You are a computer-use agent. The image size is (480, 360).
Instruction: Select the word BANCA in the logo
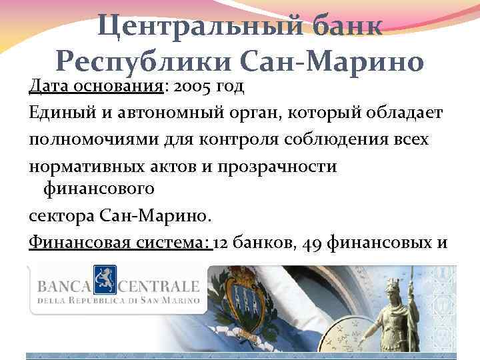65,287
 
